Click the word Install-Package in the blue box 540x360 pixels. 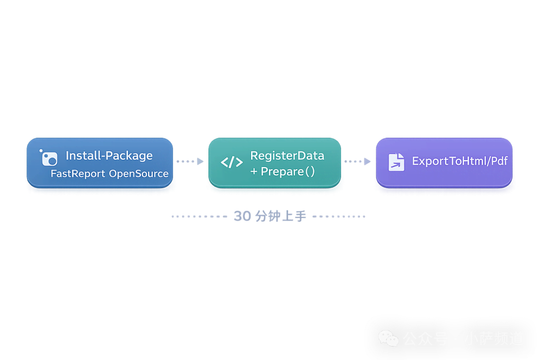[109, 155]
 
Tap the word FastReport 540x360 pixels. [78, 173]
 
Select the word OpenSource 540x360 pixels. [138, 173]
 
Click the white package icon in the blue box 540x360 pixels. [49, 157]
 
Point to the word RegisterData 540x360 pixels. [287, 155]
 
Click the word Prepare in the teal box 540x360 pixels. [282, 171]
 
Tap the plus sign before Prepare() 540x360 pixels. [254, 172]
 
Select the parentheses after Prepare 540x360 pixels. [310, 171]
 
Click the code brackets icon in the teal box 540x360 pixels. [231, 162]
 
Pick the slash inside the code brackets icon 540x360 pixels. [231, 162]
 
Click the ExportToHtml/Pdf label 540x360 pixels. [459, 161]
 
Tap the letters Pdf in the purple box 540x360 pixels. [498, 161]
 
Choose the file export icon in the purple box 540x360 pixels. [396, 162]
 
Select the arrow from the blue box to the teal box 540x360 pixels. [190, 161]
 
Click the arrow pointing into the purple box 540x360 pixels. [358, 161]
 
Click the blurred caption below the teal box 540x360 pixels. [270, 216]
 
